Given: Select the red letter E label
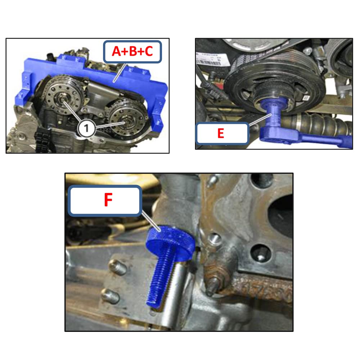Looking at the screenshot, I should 221,134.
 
